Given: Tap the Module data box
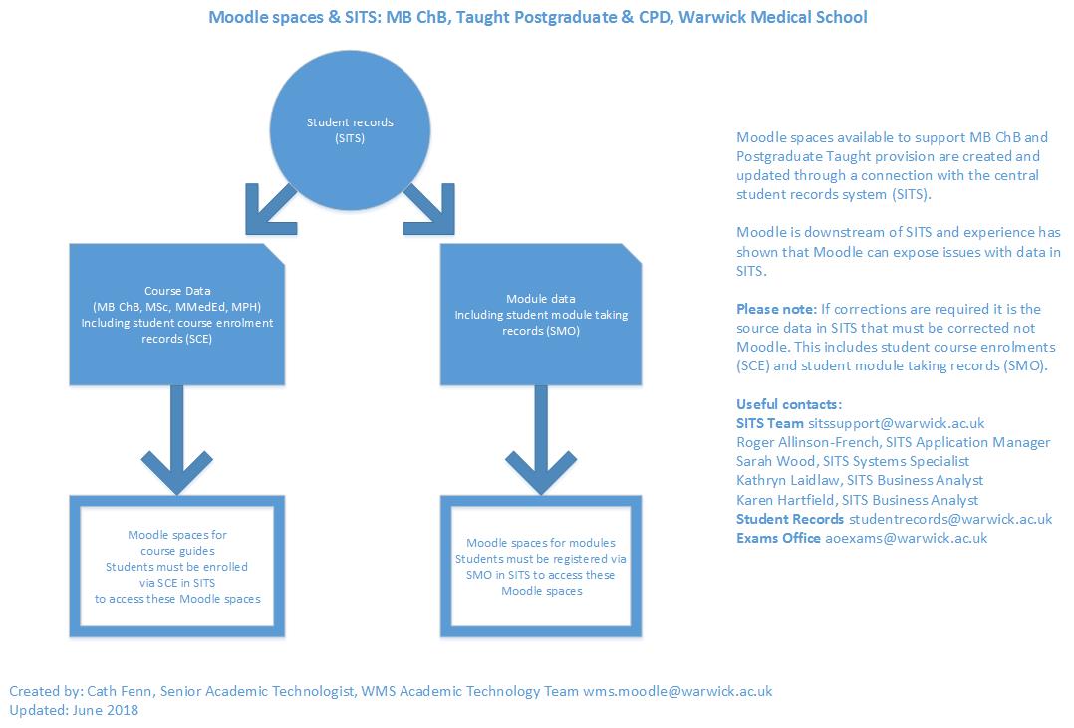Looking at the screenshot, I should click(541, 314).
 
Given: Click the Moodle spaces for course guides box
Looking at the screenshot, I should click(177, 566).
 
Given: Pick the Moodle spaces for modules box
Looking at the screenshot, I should click(541, 566).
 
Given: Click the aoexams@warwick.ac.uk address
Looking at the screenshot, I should click(906, 538).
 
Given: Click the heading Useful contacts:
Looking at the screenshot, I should click(789, 404).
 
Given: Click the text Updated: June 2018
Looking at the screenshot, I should click(74, 710).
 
